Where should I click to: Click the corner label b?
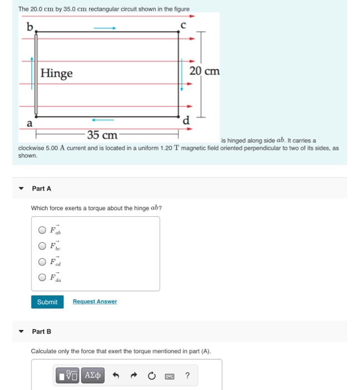[30, 26]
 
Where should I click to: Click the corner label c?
[182, 24]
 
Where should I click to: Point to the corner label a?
[30, 124]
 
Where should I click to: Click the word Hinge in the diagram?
[56, 74]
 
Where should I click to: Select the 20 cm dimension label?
[205, 71]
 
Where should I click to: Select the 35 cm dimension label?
[102, 135]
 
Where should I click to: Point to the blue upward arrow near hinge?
[32, 66]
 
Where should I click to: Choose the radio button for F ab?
[42, 230]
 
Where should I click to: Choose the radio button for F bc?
[42, 246]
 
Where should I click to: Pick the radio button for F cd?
[42, 262]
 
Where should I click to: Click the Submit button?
[47, 301]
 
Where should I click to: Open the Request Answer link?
[95, 301]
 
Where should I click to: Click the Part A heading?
[42, 189]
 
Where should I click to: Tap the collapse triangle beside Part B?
[21, 331]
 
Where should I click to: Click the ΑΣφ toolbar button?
[92, 376]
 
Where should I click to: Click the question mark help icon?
[187, 376]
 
